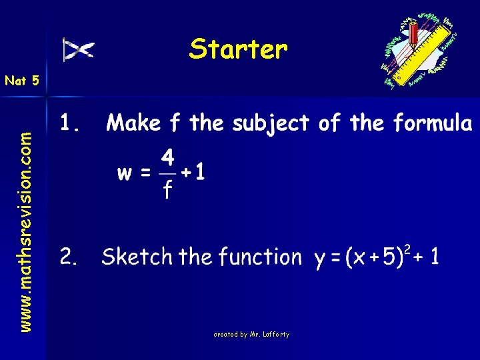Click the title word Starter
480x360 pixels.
tap(238, 49)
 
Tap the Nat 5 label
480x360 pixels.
tap(22, 81)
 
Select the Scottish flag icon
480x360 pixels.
tap(79, 49)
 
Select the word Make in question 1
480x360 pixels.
tap(134, 123)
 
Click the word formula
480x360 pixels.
tap(433, 123)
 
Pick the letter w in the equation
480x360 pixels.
tap(125, 174)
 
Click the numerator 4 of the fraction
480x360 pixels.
tap(167, 159)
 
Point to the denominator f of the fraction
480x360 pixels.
tap(167, 191)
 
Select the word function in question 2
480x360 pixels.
tap(261, 257)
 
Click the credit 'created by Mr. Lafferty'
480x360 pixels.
tap(251, 334)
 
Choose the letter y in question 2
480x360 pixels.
tap(321, 260)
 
